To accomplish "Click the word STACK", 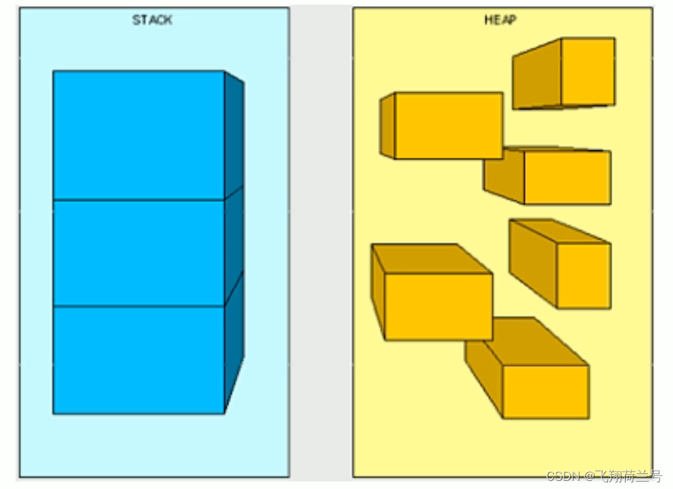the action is point(152,20).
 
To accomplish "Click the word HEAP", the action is point(500,20).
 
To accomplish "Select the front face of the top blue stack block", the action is point(139,135).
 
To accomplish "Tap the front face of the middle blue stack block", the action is point(139,253).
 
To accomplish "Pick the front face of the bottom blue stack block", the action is point(139,359).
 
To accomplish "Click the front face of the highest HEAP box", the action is point(588,72).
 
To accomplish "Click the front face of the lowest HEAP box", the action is point(546,391).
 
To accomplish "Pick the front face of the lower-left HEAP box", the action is point(438,306).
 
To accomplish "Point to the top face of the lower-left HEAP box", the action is point(431,259).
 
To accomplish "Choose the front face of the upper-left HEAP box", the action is point(448,125).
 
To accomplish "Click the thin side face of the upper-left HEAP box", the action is point(387,126).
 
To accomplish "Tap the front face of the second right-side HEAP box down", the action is point(567,177).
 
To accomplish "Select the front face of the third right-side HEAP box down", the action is point(583,275).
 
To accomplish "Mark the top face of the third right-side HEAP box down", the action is point(559,230).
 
